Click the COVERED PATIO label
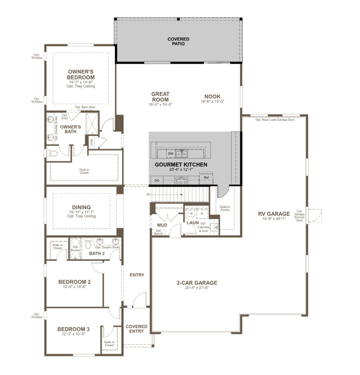[178, 42]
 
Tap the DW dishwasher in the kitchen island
[170, 154]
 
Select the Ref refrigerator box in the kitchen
[206, 178]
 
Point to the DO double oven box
[157, 181]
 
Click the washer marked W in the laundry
[191, 213]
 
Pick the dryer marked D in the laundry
[202, 213]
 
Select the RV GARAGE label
[274, 213]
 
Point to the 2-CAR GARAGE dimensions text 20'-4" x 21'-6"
[197, 288]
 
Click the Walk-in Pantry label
[225, 208]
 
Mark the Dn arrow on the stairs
[148, 194]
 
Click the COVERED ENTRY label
[136, 329]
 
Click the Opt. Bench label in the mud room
[159, 232]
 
